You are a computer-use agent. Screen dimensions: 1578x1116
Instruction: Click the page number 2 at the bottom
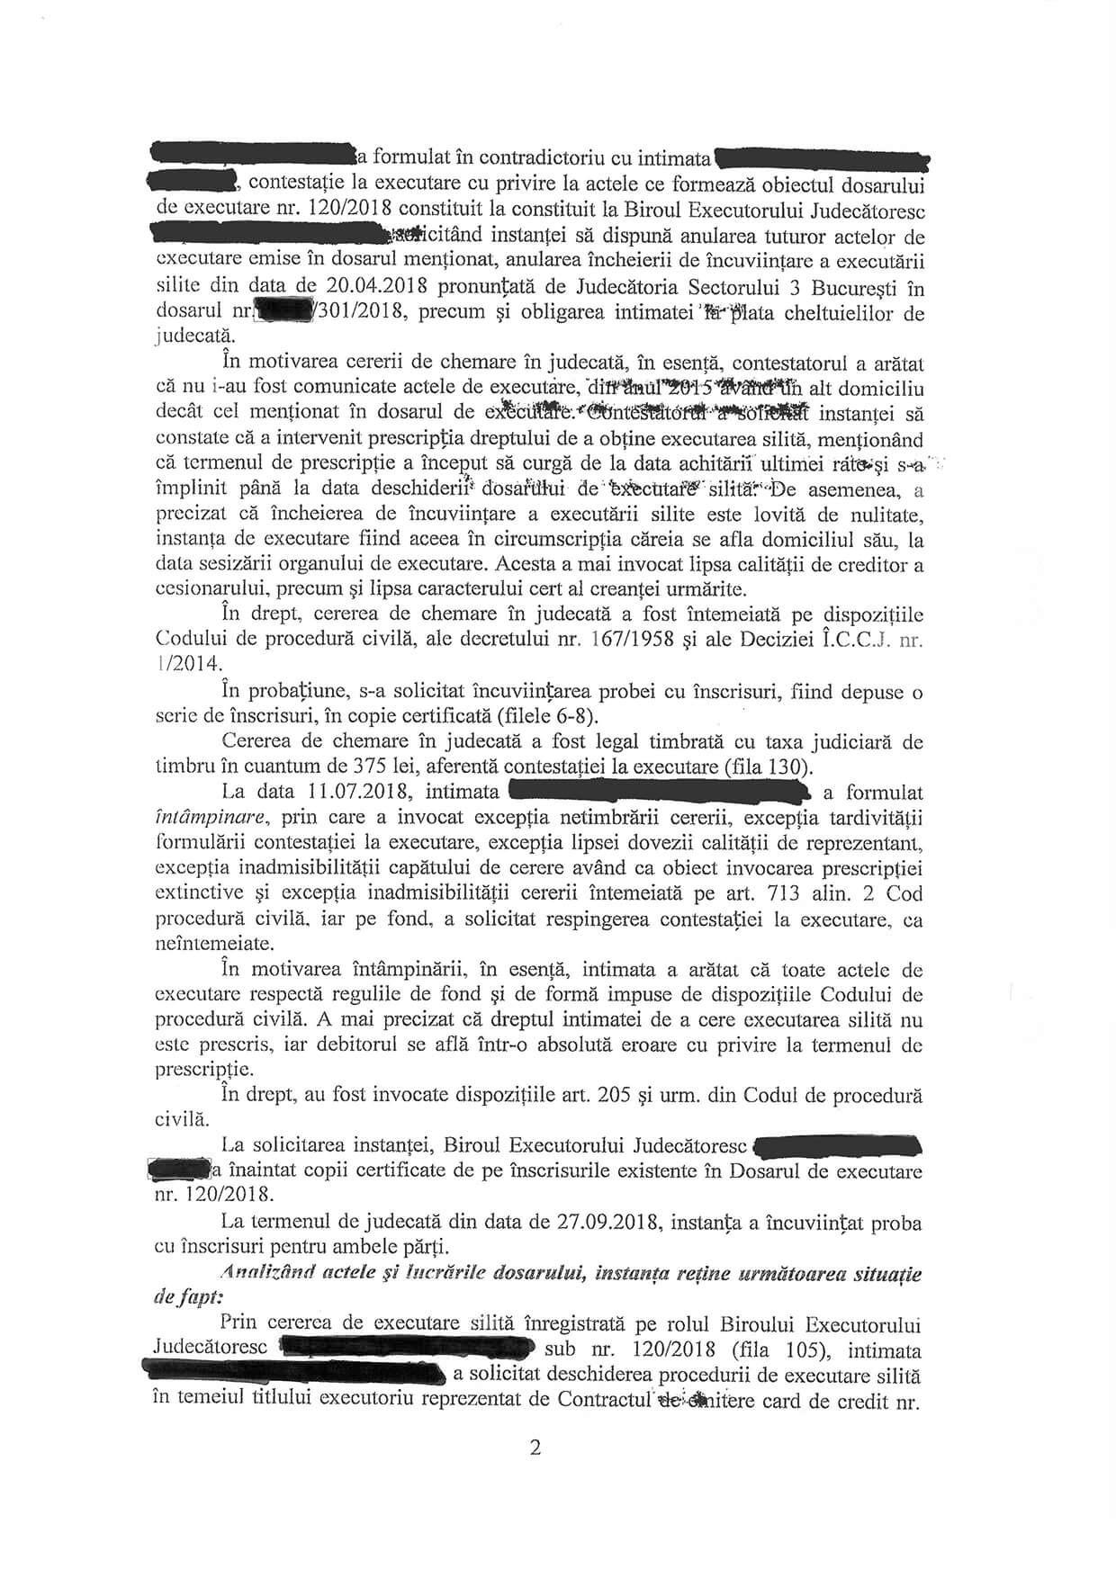[536, 1449]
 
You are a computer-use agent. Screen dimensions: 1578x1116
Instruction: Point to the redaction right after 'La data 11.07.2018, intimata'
[661, 792]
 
